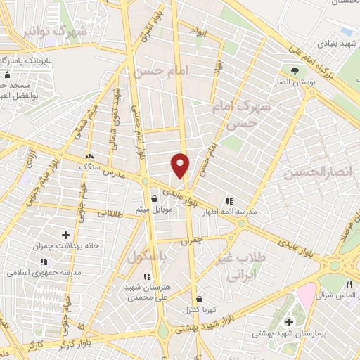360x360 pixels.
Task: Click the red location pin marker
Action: pyautogui.click(x=181, y=165)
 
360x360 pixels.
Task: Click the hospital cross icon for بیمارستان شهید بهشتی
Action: pyautogui.click(x=288, y=322)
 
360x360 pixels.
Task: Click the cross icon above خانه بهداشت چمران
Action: pyautogui.click(x=66, y=235)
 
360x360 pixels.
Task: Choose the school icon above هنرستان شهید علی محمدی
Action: pyautogui.click(x=146, y=276)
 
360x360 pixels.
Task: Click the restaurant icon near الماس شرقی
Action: pyautogui.click(x=349, y=284)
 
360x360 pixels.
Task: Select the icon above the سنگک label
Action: pyautogui.click(x=89, y=156)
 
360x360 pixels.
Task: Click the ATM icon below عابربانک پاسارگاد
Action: pyautogui.click(x=8, y=75)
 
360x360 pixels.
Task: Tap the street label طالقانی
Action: pyautogui.click(x=109, y=212)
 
